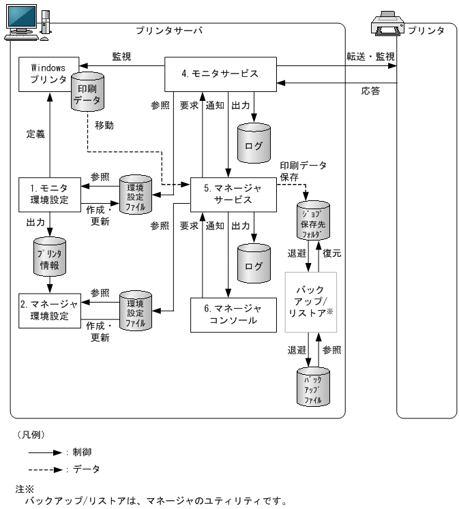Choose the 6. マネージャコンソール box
tap(233, 314)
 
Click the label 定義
tap(35, 134)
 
